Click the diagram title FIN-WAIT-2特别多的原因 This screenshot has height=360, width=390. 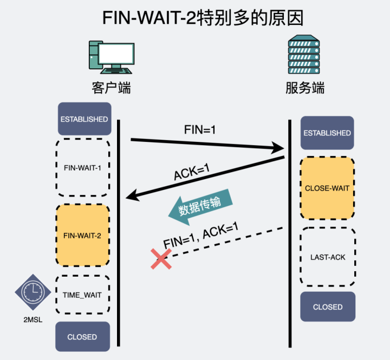(195, 18)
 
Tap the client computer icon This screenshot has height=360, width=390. (110, 56)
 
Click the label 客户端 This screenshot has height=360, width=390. (111, 88)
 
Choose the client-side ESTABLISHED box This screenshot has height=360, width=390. (84, 119)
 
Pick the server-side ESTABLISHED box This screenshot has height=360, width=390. (327, 133)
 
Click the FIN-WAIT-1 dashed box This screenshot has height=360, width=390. (83, 168)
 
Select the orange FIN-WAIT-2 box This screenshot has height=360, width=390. (83, 235)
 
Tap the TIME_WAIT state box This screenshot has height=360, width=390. (83, 296)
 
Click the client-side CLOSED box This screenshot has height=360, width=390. (82, 337)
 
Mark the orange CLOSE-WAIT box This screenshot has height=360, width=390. (327, 188)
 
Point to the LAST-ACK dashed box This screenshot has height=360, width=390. (328, 257)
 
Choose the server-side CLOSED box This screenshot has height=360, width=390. (328, 307)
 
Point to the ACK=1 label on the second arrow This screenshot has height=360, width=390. (192, 172)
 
